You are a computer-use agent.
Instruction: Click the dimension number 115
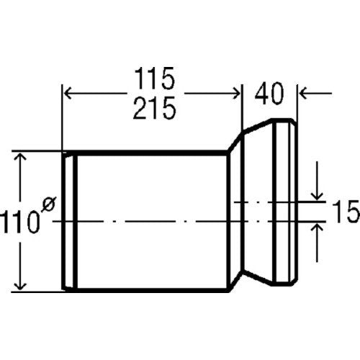(154, 78)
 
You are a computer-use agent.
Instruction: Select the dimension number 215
(154, 108)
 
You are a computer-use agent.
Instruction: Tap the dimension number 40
(269, 94)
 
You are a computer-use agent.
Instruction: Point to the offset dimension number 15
(346, 212)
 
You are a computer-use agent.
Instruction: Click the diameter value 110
(19, 221)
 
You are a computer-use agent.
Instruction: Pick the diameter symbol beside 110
(49, 204)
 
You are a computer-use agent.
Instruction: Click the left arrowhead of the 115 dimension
(68, 94)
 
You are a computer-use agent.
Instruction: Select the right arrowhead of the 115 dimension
(236, 94)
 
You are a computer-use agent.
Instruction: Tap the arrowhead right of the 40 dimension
(305, 94)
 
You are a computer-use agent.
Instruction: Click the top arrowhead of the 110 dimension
(20, 158)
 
